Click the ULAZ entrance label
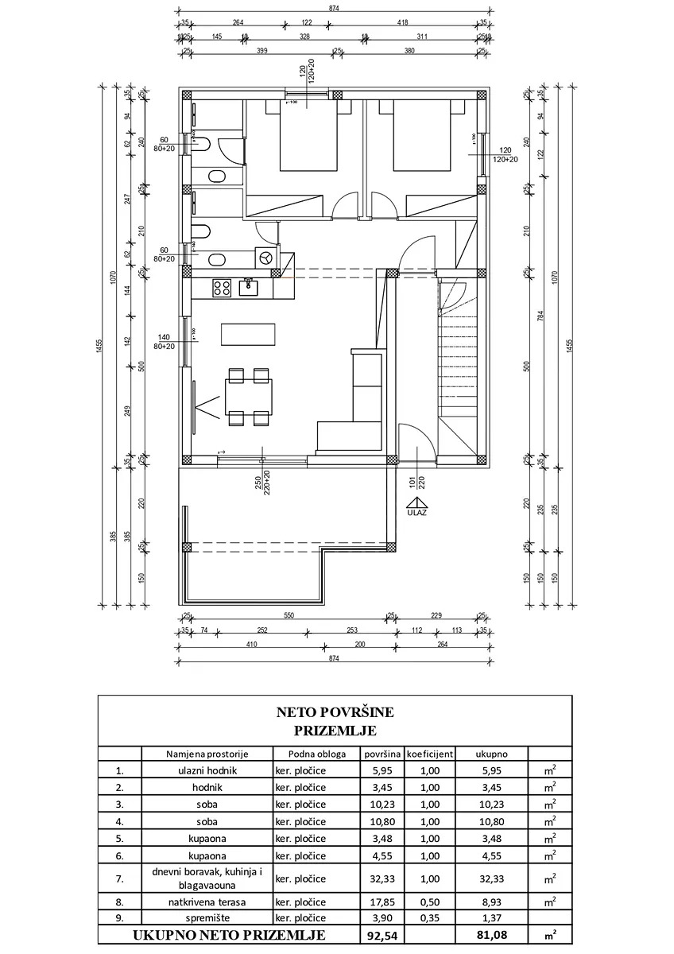[x=416, y=513]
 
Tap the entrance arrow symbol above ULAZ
[x=416, y=502]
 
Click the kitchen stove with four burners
[x=221, y=288]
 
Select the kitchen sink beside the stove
[x=246, y=287]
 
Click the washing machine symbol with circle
[x=265, y=257]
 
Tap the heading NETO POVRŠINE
[x=335, y=712]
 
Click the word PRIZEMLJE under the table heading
[x=335, y=730]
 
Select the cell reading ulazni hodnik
[x=207, y=770]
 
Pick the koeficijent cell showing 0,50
[x=430, y=902]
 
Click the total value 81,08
[x=490, y=935]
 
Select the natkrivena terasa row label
[x=207, y=902]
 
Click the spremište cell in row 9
[x=207, y=919]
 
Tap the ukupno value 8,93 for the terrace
[x=490, y=902]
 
